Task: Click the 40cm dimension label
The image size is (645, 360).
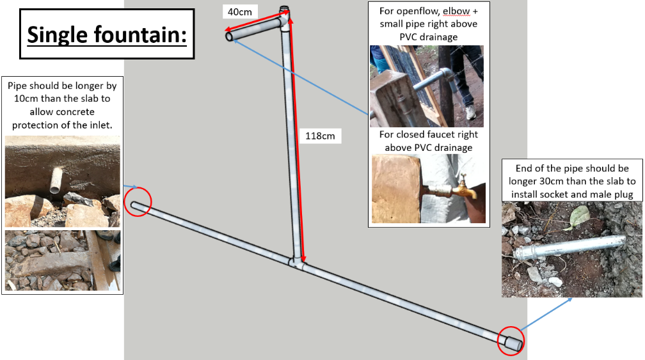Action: pos(240,12)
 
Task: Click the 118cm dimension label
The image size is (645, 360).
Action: pos(320,136)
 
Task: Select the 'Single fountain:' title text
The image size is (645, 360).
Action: pos(107,35)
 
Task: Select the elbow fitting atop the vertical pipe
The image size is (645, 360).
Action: pos(284,17)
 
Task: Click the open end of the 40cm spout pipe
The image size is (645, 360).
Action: pos(229,36)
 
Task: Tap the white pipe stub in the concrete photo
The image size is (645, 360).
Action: pos(56,180)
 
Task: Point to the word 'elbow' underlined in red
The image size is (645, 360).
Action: pos(456,11)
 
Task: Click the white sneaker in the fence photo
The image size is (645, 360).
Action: pos(470,112)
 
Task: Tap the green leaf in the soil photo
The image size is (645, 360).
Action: pos(579,216)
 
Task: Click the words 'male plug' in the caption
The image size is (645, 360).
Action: pos(612,194)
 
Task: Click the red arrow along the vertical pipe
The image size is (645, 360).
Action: pos(297,138)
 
